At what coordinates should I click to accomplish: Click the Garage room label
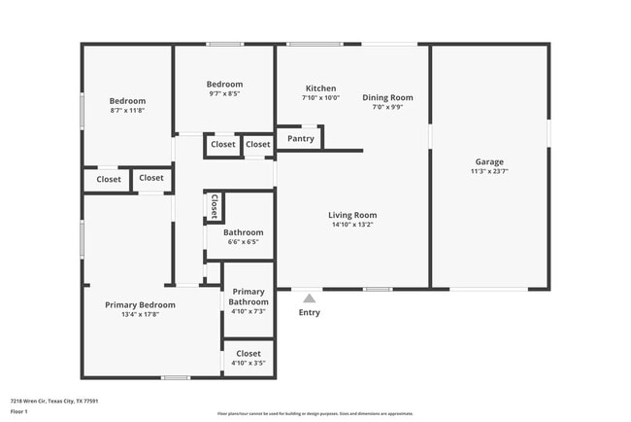(x=489, y=161)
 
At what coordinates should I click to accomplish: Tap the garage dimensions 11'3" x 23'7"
(x=489, y=171)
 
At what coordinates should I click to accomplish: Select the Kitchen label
(x=320, y=88)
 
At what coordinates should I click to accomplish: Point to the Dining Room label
(x=387, y=97)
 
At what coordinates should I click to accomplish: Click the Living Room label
(x=351, y=215)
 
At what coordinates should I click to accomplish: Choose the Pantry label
(x=300, y=139)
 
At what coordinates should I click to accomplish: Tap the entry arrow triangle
(x=309, y=299)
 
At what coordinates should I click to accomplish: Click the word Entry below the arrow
(x=309, y=312)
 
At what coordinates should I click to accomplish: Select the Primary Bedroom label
(x=147, y=304)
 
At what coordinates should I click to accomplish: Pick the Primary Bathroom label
(x=249, y=297)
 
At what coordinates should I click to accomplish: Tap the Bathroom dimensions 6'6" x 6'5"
(x=243, y=242)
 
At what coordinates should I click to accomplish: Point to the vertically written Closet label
(x=214, y=206)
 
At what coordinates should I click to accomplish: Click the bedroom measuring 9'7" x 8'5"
(x=224, y=88)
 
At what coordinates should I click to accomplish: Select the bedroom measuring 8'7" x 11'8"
(x=127, y=106)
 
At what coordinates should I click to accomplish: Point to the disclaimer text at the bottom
(x=315, y=413)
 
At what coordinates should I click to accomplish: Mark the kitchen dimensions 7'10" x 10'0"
(x=320, y=97)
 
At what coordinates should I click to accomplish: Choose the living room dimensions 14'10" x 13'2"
(x=351, y=225)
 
